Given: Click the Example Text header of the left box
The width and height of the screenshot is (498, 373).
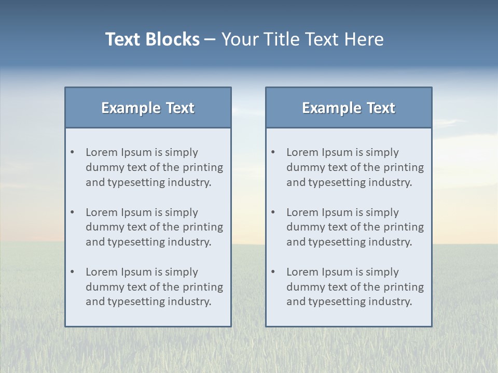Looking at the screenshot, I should pyautogui.click(x=148, y=108).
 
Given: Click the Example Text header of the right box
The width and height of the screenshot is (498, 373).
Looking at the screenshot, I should pyautogui.click(x=349, y=108).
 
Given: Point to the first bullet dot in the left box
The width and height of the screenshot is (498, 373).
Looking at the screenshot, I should pyautogui.click(x=73, y=152).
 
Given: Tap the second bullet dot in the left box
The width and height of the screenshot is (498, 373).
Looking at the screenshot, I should pyautogui.click(x=73, y=212).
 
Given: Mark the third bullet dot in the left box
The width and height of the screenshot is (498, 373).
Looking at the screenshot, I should pyautogui.click(x=73, y=272).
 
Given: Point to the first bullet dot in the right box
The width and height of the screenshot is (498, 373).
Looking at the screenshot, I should pyautogui.click(x=273, y=152).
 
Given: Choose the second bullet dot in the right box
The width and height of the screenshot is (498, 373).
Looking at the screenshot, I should pyautogui.click(x=273, y=212).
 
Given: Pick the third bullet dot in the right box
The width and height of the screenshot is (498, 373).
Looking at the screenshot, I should pyautogui.click(x=273, y=272).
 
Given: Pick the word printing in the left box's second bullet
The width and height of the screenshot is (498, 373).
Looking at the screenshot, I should pyautogui.click(x=203, y=227).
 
